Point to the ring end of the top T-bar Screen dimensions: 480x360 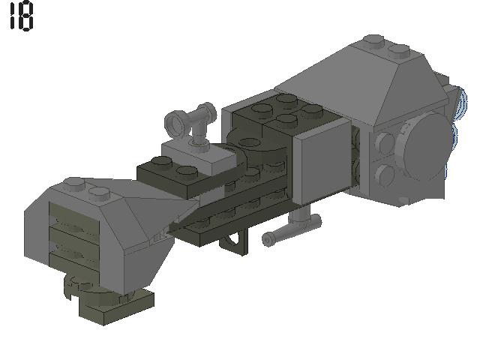point(175,122)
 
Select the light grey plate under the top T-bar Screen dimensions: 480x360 point(199,154)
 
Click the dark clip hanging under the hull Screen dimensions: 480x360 point(234,241)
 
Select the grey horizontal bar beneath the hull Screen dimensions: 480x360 point(291,229)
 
